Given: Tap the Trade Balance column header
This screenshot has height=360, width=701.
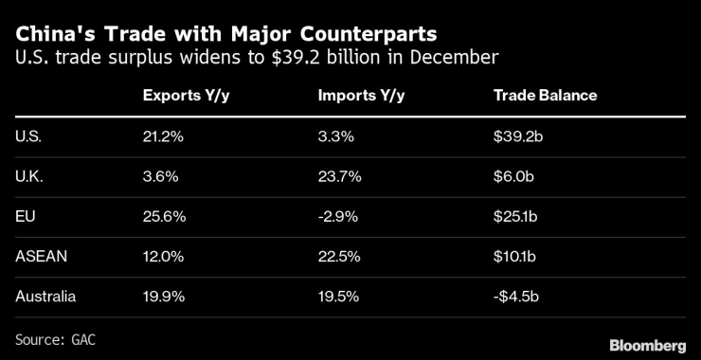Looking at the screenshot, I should [545, 97].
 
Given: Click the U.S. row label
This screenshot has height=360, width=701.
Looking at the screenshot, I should [28, 136].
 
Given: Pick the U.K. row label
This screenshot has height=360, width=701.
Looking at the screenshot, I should [28, 176].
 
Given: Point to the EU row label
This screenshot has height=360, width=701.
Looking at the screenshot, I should [26, 216].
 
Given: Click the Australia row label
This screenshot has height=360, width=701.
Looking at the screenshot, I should [45, 296].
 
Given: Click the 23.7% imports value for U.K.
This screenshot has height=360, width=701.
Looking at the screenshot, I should [338, 176].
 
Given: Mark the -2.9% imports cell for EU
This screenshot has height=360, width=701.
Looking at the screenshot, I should [338, 216].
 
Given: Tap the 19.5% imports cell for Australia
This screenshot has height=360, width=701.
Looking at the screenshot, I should [338, 296].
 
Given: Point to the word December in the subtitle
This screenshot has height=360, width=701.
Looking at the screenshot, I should [458, 59].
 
